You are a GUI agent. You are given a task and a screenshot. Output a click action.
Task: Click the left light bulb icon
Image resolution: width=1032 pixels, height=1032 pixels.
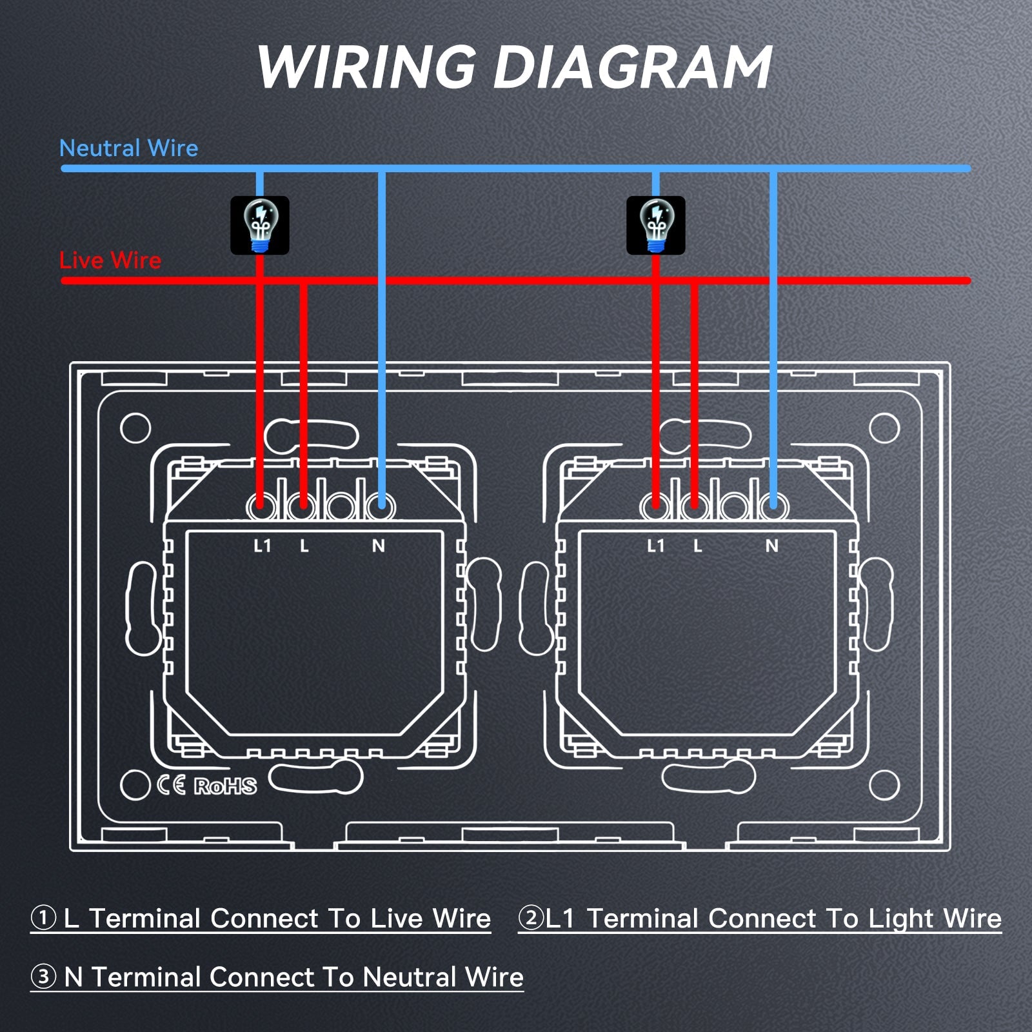(260, 225)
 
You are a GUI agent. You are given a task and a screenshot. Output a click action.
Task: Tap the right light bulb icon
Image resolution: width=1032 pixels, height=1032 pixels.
(656, 225)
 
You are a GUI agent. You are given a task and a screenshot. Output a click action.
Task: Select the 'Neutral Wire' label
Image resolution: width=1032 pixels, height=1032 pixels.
(128, 148)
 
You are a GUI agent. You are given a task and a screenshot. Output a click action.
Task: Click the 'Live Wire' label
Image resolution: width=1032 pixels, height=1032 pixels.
(110, 261)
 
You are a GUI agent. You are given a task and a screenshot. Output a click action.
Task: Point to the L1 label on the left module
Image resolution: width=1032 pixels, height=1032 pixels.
(263, 546)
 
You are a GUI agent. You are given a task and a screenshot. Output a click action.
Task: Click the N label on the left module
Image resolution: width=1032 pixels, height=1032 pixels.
(379, 546)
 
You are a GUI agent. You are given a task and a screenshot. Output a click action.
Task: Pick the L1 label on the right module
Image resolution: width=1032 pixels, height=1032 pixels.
(656, 546)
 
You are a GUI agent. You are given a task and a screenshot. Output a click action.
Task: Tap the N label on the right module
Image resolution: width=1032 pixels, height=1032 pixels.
(772, 546)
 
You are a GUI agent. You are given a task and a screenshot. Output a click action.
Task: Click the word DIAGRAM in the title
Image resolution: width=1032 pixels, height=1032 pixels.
(633, 68)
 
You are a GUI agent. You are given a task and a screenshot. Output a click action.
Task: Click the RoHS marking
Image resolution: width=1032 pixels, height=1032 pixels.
(225, 786)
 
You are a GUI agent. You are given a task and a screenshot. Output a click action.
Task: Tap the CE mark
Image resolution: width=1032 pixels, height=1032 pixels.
(172, 785)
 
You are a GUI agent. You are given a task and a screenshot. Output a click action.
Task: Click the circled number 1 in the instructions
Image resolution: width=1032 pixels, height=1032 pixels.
(43, 918)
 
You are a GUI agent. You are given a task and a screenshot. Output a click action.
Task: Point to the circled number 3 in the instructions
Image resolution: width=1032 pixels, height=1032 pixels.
(43, 977)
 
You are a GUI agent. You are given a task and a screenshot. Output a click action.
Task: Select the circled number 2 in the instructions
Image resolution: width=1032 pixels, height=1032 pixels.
(531, 918)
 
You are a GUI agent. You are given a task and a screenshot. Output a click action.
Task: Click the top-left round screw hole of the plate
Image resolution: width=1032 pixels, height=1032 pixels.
(135, 428)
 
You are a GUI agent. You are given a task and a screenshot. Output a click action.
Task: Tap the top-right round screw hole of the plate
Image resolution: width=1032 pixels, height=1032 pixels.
(884, 428)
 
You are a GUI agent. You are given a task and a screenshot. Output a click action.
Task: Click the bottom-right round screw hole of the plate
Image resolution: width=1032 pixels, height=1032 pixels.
(884, 785)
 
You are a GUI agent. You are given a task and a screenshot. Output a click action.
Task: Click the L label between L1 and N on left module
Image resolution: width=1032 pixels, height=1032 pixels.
(304, 546)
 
